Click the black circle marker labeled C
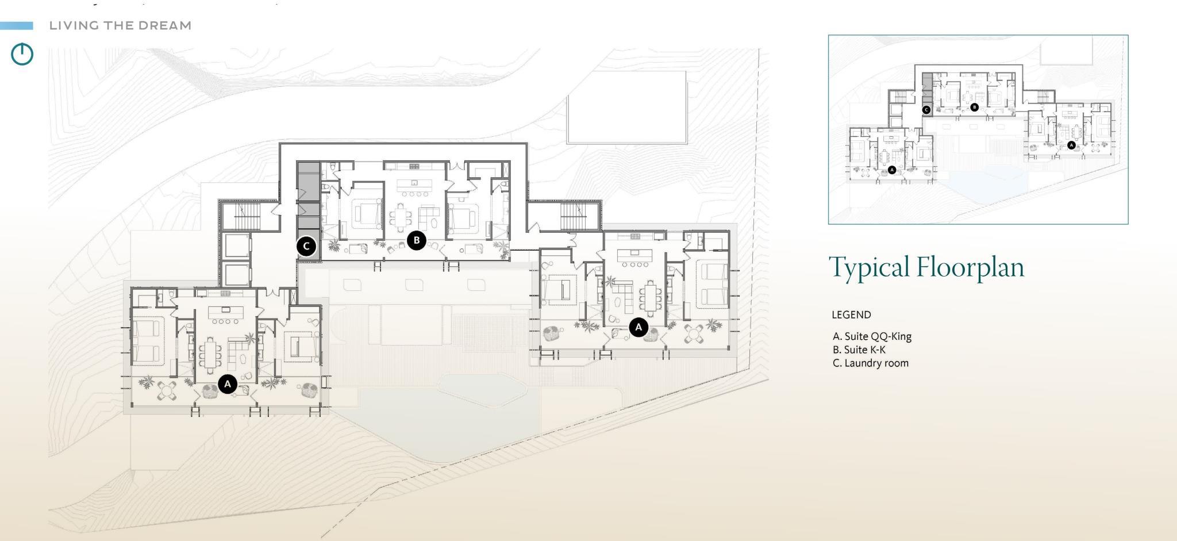point(306,246)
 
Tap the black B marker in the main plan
point(416,240)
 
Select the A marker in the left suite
point(228,383)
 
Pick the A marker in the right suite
point(638,327)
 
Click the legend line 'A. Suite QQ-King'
point(872,336)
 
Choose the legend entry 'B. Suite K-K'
point(859,350)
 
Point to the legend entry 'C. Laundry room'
point(870,363)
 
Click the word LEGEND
point(851,314)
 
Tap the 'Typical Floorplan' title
point(926,267)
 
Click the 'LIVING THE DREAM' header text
point(120,25)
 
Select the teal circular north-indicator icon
point(22,54)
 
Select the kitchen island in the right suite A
point(634,253)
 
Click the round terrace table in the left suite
point(167,390)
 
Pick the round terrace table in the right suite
point(694,333)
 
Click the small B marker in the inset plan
point(974,107)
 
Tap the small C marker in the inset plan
point(926,109)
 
